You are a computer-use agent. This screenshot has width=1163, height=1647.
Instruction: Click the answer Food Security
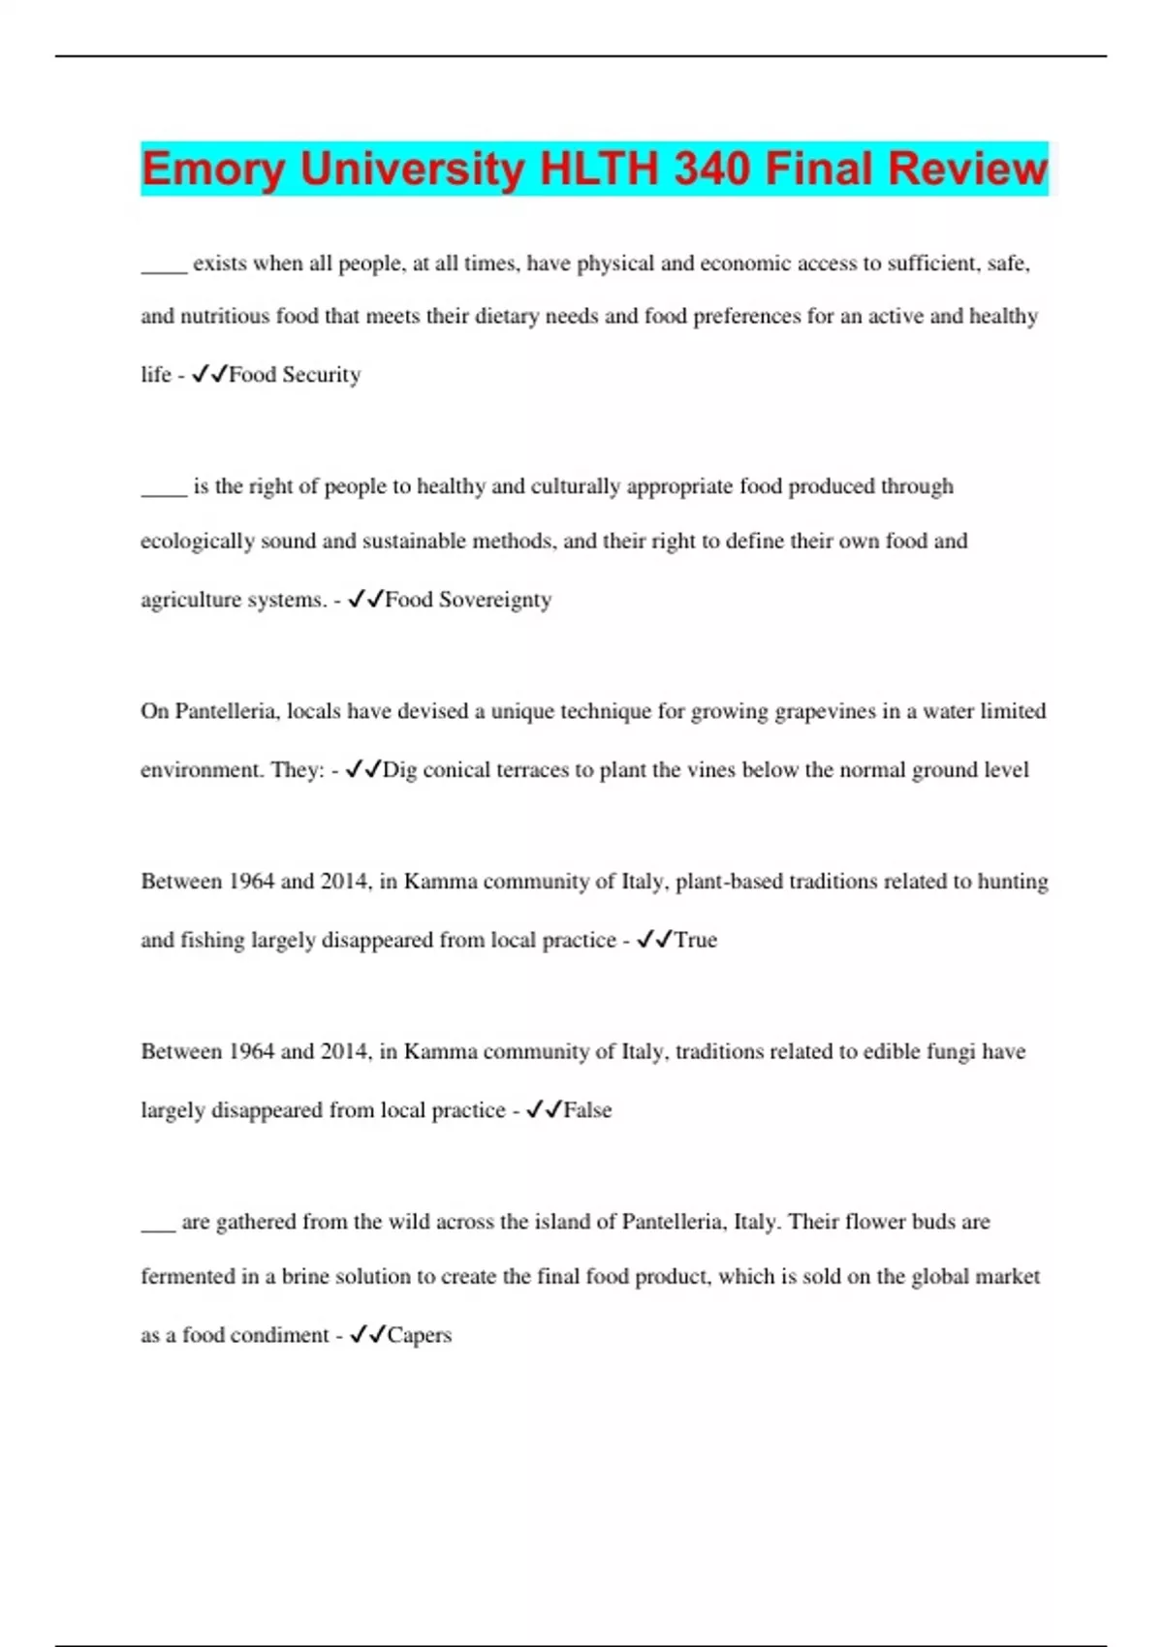295,375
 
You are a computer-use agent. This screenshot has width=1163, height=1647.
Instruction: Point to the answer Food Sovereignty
468,600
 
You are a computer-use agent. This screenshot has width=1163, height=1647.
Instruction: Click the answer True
695,940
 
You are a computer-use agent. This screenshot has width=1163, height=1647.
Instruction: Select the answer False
587,1110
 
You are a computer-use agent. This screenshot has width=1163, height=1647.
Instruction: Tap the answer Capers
419,1335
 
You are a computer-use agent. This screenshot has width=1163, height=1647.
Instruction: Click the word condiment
280,1335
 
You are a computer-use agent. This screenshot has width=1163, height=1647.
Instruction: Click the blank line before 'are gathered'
158,1227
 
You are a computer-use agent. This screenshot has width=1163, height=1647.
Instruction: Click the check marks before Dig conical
362,769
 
